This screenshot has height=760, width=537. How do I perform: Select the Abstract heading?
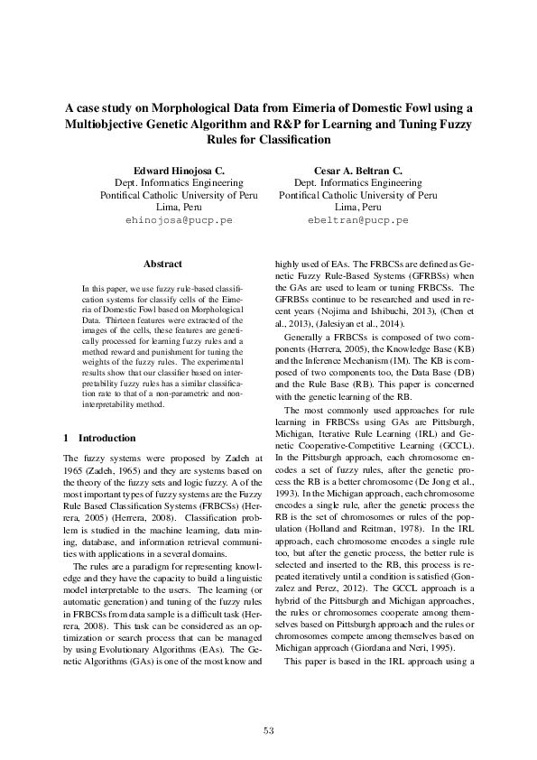click(x=163, y=264)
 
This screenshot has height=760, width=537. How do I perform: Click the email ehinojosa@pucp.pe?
click(x=179, y=219)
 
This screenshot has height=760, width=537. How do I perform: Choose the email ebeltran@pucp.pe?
click(x=358, y=219)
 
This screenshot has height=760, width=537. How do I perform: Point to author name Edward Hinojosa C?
click(x=179, y=170)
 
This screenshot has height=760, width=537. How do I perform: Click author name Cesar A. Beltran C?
click(x=358, y=170)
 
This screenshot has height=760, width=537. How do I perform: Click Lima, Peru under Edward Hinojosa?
click(x=179, y=206)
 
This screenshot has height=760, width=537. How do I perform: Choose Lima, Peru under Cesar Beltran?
click(x=358, y=206)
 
